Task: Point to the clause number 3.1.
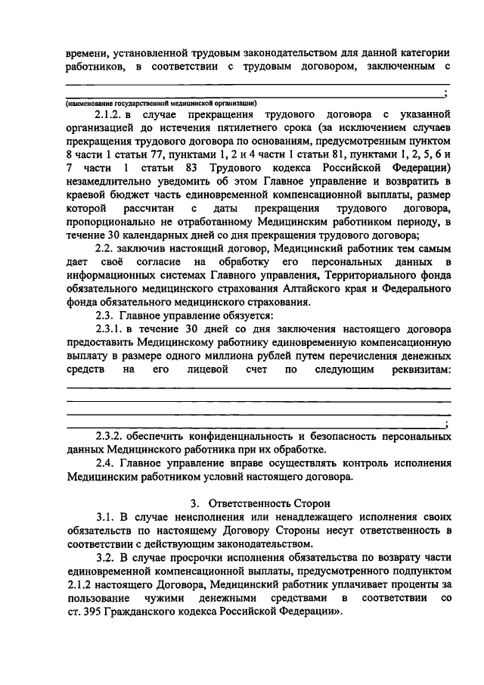pyautogui.click(x=107, y=517)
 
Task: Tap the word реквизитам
pyautogui.click(x=414, y=370)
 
